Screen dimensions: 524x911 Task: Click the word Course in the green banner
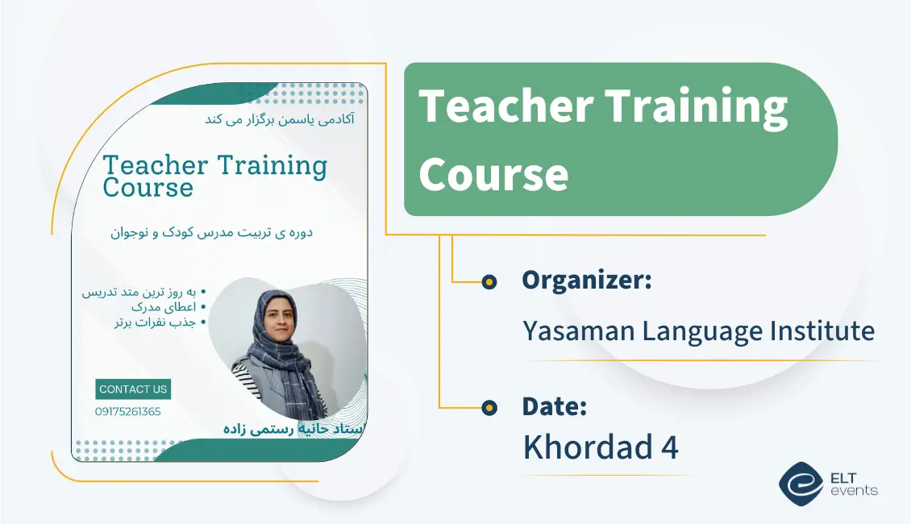click(493, 174)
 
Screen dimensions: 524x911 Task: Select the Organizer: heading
click(586, 281)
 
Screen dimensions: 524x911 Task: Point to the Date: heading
click(554, 407)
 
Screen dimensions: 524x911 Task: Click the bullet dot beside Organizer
click(489, 281)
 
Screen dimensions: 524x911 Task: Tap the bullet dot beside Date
click(489, 408)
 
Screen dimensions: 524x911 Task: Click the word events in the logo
click(856, 491)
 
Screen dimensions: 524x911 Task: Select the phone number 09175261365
click(127, 412)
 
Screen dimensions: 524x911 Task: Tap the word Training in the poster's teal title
click(272, 166)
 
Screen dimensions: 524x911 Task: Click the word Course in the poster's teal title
click(148, 189)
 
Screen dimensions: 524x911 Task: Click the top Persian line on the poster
click(281, 119)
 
